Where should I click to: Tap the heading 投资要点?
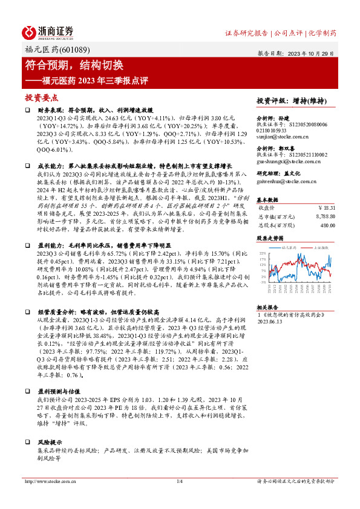(41, 97)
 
